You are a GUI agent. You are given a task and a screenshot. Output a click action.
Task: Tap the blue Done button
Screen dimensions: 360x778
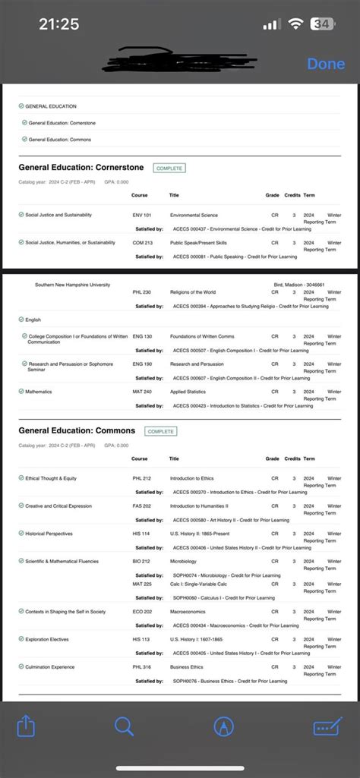click(326, 64)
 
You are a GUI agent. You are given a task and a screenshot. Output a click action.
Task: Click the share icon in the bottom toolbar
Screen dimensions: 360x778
click(26, 726)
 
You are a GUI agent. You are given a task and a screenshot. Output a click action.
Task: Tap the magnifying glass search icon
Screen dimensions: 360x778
click(124, 726)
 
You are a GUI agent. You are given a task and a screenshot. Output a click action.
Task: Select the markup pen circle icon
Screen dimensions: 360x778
click(224, 726)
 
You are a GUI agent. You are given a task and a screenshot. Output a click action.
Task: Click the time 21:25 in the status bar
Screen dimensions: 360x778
click(58, 24)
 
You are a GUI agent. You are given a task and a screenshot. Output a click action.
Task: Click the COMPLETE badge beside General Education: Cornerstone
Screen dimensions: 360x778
click(169, 168)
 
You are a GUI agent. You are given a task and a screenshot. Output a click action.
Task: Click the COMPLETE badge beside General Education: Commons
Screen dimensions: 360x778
click(160, 431)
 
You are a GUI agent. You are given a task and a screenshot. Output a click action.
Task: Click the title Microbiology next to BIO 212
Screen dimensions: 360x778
click(185, 562)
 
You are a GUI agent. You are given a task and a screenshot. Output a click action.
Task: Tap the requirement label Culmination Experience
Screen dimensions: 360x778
click(50, 666)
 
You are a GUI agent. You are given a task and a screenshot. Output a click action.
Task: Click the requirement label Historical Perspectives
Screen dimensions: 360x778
click(50, 534)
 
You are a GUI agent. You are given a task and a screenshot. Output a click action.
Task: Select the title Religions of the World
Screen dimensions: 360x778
click(194, 291)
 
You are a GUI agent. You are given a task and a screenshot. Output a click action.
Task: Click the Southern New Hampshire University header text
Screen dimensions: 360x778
click(72, 285)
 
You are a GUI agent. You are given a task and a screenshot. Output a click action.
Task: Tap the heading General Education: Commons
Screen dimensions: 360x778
click(77, 430)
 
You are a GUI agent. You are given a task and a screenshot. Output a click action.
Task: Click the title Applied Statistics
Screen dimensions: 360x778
click(189, 391)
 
